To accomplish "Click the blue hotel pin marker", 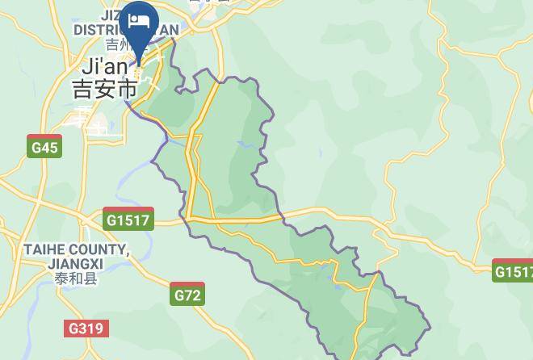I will (x=139, y=24).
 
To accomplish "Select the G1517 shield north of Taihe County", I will (x=128, y=219).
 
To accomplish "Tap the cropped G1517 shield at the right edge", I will (x=514, y=271).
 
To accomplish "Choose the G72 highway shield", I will (x=187, y=295).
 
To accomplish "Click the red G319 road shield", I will (x=86, y=328).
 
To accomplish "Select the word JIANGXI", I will (x=75, y=264).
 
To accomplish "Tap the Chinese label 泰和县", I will (x=75, y=279).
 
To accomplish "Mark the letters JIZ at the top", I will (x=113, y=15).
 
